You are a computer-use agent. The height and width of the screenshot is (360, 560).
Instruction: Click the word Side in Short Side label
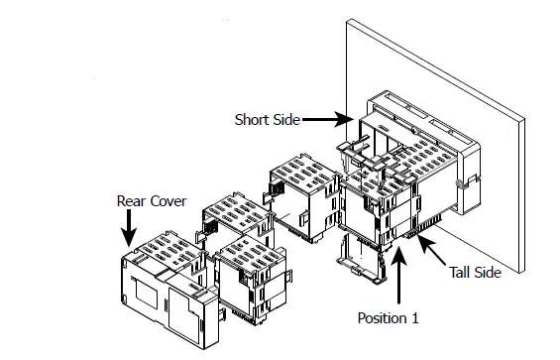284,120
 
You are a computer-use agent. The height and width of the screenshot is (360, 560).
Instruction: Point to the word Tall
463,271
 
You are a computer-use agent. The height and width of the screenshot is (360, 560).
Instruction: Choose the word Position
377,318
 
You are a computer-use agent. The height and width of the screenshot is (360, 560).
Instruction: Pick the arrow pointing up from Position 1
397,278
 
